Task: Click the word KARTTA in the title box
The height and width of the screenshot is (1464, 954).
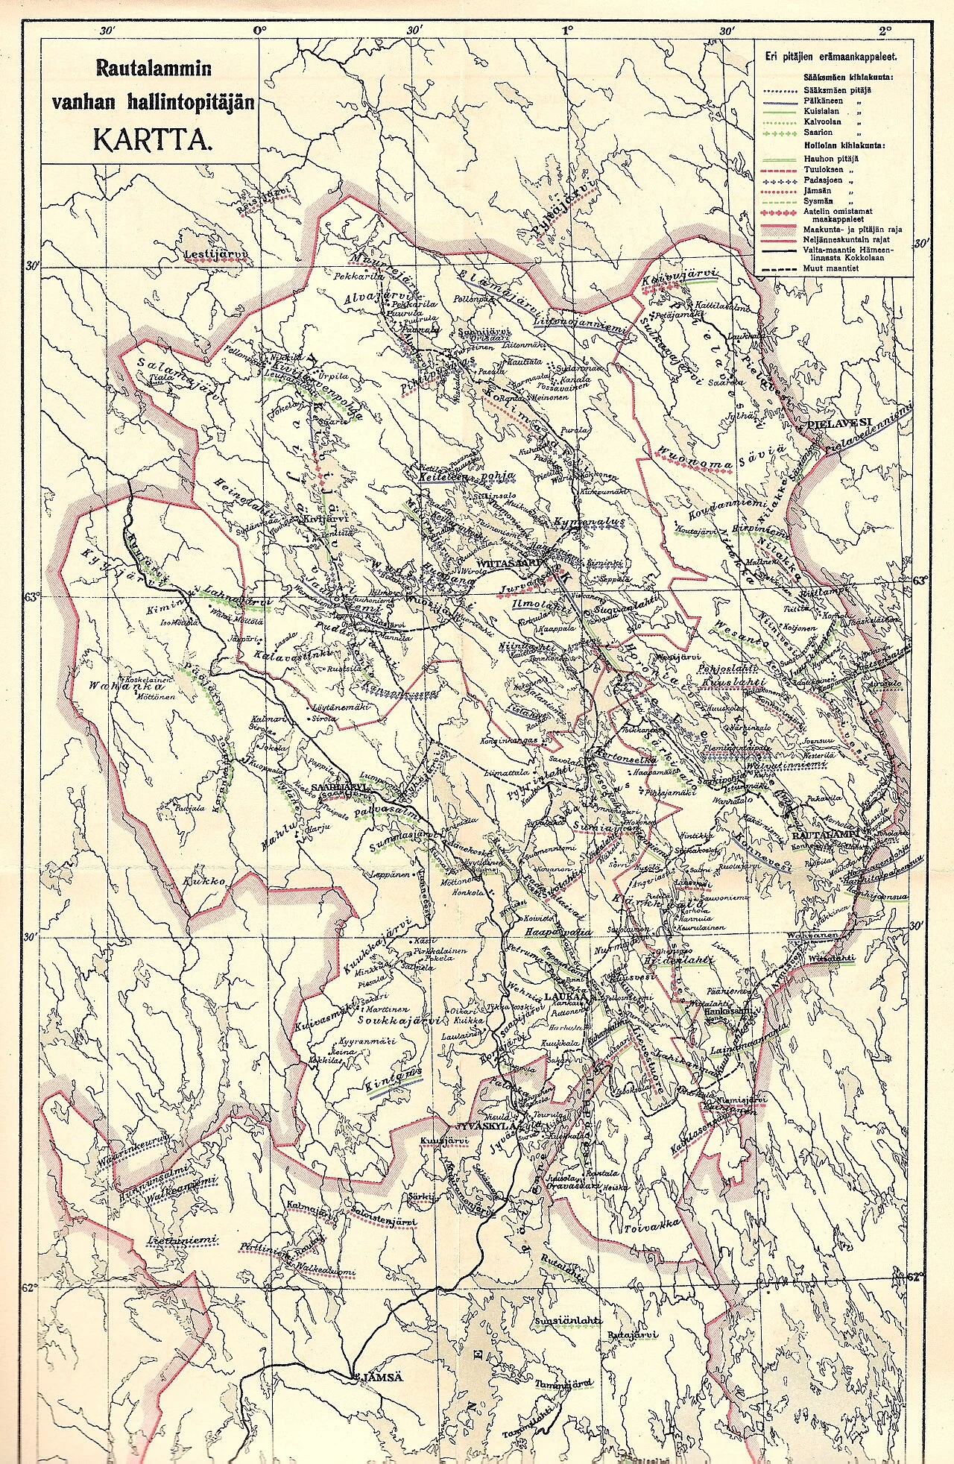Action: pos(153,140)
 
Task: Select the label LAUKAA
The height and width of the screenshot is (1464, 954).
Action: pos(566,995)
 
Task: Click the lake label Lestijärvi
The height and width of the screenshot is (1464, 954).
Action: pos(215,255)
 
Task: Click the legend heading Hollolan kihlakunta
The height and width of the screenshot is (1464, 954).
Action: pos(843,145)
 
